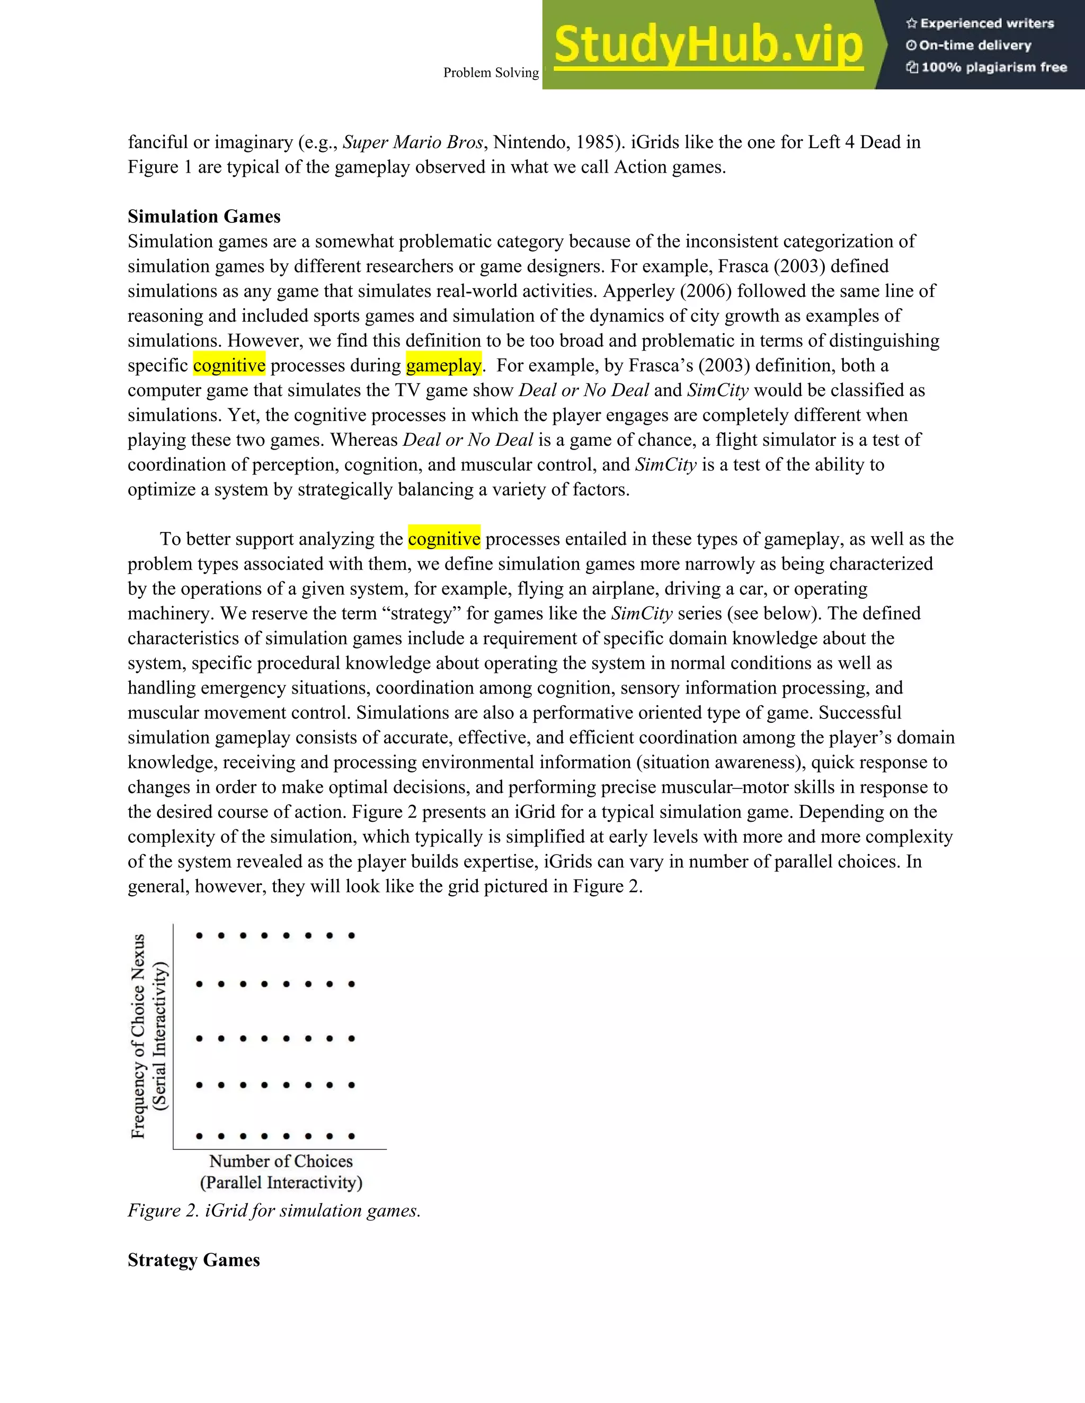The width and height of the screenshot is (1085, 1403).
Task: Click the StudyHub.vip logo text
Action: click(708, 45)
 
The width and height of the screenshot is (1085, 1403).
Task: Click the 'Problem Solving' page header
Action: click(491, 73)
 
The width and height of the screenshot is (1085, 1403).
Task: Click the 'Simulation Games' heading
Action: click(204, 217)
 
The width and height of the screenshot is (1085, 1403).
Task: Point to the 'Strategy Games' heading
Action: click(193, 1260)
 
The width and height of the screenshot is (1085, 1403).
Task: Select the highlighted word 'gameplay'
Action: click(443, 365)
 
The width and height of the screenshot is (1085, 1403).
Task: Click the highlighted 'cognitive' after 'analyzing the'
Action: click(444, 539)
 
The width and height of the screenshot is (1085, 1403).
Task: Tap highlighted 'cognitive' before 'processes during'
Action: click(229, 365)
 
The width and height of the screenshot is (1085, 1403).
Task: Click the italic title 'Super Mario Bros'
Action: click(413, 142)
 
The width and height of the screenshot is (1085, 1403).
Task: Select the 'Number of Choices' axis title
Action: click(281, 1161)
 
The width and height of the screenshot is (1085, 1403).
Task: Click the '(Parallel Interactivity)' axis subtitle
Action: click(281, 1182)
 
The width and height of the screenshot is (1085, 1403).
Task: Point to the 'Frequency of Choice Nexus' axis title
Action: click(138, 1036)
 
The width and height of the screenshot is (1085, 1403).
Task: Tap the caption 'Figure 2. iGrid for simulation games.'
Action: click(274, 1210)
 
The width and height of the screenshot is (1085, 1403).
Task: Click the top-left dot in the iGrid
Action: click(199, 936)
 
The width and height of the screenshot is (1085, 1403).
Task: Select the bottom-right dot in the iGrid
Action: click(352, 1136)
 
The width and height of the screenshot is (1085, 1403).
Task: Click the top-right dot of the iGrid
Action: click(352, 936)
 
